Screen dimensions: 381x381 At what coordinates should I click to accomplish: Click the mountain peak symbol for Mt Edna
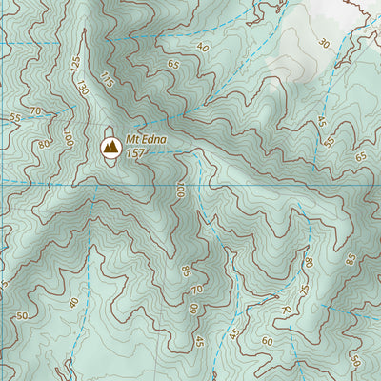click(110, 147)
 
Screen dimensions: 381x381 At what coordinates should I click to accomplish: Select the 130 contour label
click(84, 89)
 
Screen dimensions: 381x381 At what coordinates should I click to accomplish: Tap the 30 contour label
click(325, 43)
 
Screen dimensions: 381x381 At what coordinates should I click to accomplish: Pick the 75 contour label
click(305, 290)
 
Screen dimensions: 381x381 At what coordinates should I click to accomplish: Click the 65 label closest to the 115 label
click(173, 65)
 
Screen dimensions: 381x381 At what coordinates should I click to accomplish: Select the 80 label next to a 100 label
click(44, 145)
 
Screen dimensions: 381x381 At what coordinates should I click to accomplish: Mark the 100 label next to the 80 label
click(68, 139)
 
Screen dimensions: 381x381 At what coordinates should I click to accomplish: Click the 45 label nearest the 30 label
click(321, 122)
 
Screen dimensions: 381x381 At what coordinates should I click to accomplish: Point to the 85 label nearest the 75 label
click(351, 258)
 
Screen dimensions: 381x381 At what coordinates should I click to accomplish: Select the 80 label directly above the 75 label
click(308, 262)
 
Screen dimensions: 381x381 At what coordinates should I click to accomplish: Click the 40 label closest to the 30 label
click(202, 47)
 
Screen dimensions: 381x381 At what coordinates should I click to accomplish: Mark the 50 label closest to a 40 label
click(20, 315)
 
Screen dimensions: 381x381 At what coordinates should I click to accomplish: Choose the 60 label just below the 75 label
click(267, 340)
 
